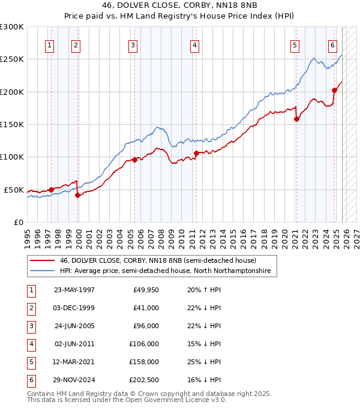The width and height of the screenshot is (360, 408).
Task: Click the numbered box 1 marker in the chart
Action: coord(49,44)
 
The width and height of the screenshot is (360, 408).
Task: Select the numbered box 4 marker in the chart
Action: coord(195,44)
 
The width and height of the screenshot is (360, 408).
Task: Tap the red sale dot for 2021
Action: coord(296,119)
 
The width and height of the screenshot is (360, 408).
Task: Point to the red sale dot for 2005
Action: coord(134,160)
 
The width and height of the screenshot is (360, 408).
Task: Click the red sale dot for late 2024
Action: coord(335,90)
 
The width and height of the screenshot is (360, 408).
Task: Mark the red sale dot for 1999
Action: coord(77,195)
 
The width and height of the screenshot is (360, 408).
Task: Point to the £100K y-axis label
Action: coord(12,157)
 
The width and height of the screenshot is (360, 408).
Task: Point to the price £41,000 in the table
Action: coord(145,308)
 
